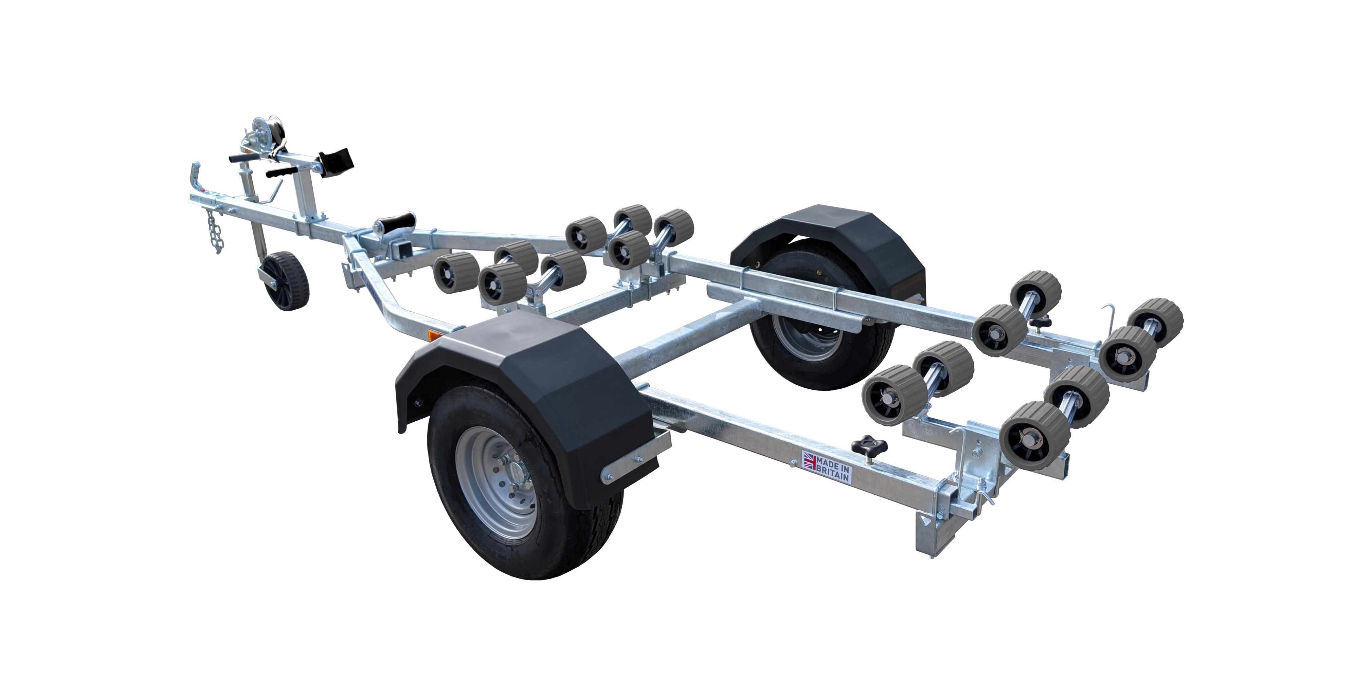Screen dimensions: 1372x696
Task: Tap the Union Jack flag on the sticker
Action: pos(810,460)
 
